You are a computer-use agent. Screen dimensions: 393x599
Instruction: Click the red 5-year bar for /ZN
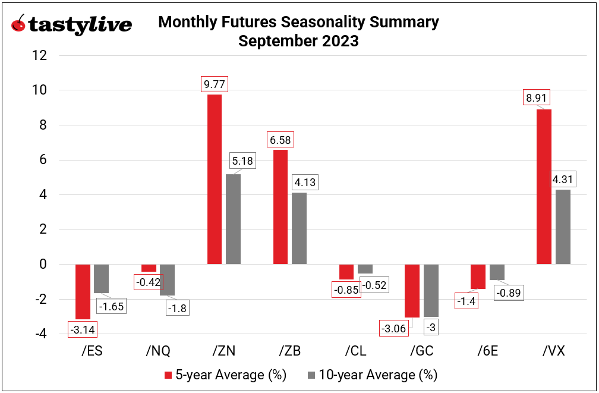215,179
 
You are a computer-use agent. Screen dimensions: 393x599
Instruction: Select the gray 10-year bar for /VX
563,227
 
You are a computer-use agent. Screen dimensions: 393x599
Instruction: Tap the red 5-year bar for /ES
83,291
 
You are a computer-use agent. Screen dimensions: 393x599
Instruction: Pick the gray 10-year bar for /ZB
299,228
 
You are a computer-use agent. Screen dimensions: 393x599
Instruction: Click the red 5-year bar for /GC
412,291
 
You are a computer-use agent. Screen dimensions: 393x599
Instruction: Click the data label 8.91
537,98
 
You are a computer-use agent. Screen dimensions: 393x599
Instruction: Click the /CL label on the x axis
355,351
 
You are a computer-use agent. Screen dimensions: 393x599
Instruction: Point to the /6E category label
487,351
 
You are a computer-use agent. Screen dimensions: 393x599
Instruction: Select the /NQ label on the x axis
158,351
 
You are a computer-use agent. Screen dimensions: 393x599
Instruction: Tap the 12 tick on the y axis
39,55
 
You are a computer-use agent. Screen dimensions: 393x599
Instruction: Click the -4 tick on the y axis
39,334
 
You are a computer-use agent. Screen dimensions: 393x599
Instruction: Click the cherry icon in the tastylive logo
19,24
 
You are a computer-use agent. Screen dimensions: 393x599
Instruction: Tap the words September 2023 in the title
298,41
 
